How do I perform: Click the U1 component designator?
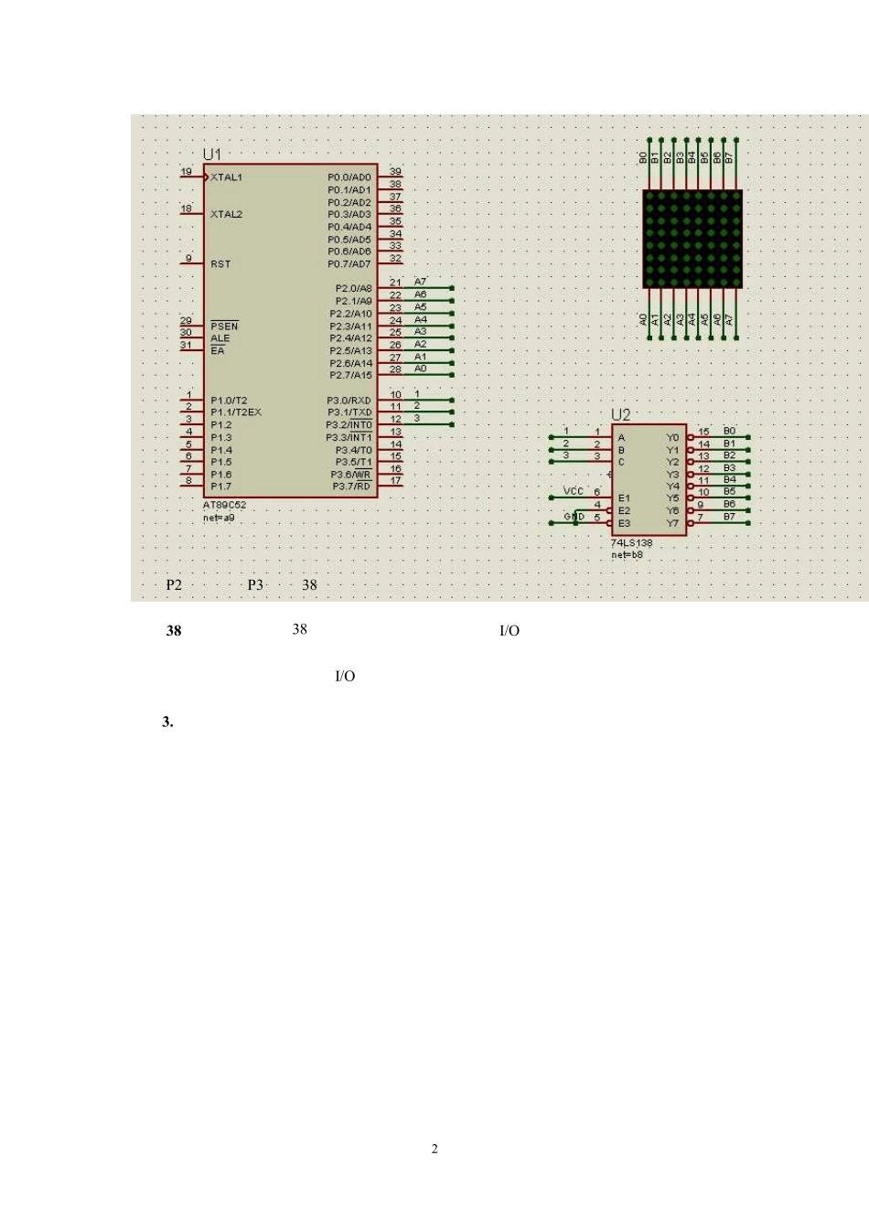click(211, 155)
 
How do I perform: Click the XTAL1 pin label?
click(226, 177)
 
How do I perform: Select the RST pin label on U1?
click(220, 264)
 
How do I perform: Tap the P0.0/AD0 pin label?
click(349, 177)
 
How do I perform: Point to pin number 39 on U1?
click(395, 172)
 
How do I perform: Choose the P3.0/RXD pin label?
click(349, 401)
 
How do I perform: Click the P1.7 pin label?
click(220, 487)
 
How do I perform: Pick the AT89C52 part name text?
click(224, 505)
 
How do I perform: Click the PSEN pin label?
click(224, 326)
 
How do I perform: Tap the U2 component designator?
click(621, 415)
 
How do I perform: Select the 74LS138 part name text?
click(632, 543)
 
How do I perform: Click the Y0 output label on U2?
click(672, 438)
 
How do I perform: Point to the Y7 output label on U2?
click(672, 523)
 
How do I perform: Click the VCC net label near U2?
click(574, 491)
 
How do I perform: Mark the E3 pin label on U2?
click(624, 523)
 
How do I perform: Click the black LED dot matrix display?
click(692, 239)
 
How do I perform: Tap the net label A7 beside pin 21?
click(421, 282)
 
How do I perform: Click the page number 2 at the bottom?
click(434, 1149)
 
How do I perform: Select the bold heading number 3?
click(167, 722)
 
